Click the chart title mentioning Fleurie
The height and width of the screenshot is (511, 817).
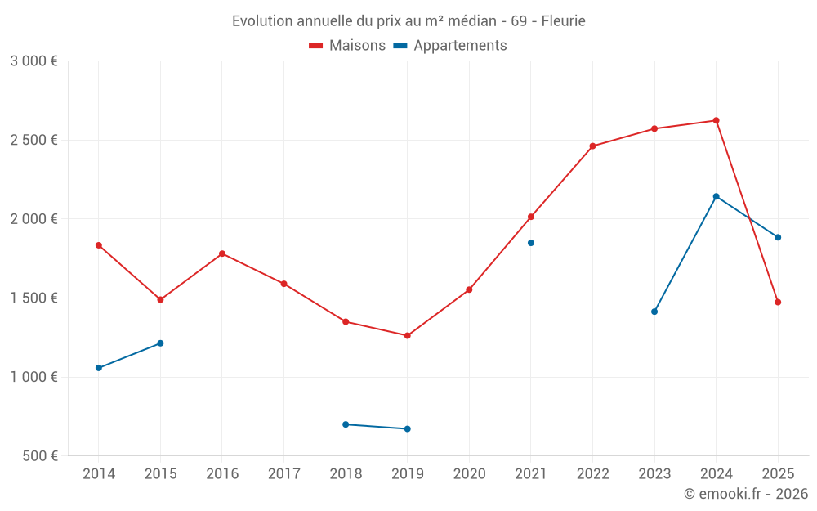(x=408, y=21)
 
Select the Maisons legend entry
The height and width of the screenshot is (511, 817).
(x=347, y=46)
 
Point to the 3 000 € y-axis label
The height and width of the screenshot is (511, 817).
(x=33, y=61)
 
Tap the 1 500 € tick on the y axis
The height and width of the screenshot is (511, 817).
(x=33, y=298)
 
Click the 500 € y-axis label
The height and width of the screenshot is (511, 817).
(x=39, y=456)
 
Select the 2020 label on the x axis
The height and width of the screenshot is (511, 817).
(x=469, y=474)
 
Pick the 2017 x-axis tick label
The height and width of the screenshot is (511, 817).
(x=283, y=474)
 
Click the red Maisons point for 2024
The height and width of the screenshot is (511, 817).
(x=717, y=121)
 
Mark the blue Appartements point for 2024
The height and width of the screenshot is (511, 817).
(x=717, y=196)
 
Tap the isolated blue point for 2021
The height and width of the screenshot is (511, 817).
(x=531, y=243)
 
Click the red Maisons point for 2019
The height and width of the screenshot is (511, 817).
(x=408, y=335)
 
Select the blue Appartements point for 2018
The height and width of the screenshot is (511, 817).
(x=346, y=424)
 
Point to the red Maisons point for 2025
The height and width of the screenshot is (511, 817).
(x=778, y=303)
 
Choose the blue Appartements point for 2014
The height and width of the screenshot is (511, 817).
(x=99, y=368)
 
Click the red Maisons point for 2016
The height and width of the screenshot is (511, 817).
(x=222, y=253)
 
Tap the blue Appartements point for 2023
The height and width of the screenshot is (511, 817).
(x=654, y=312)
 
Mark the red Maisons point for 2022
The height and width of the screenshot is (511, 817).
(x=592, y=146)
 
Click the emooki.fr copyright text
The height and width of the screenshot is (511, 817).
(x=745, y=494)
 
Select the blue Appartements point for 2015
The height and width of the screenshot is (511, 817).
(x=160, y=343)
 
